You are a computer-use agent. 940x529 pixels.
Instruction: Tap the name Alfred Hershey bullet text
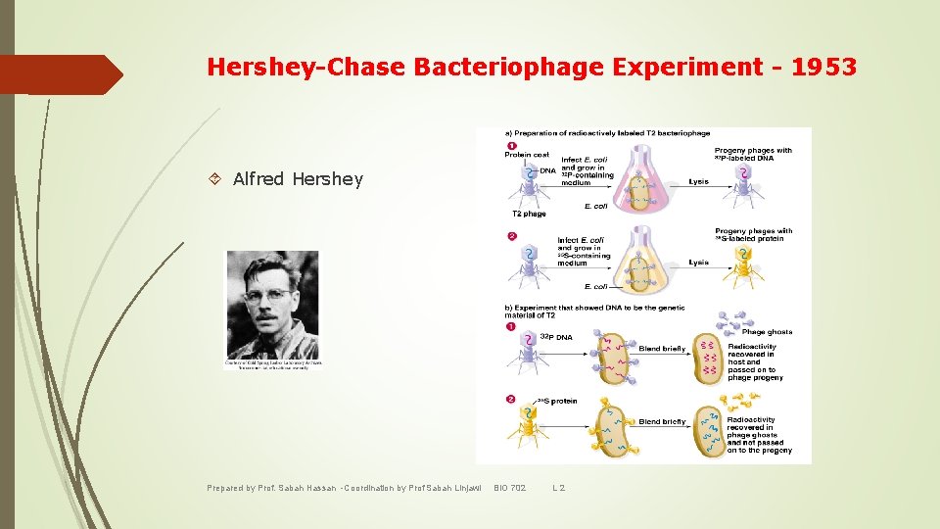[298, 178]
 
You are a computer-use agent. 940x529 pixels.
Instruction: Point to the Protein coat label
[527, 155]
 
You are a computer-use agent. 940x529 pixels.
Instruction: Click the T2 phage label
[529, 214]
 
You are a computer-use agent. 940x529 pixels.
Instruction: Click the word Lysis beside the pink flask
[698, 181]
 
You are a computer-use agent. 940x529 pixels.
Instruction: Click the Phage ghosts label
[767, 332]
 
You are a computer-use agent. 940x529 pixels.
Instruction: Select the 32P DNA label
[556, 337]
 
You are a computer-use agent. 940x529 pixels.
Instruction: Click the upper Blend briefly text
[662, 349]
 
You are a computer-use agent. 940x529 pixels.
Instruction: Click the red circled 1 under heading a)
[510, 146]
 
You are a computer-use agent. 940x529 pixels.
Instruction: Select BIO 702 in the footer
[509, 488]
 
